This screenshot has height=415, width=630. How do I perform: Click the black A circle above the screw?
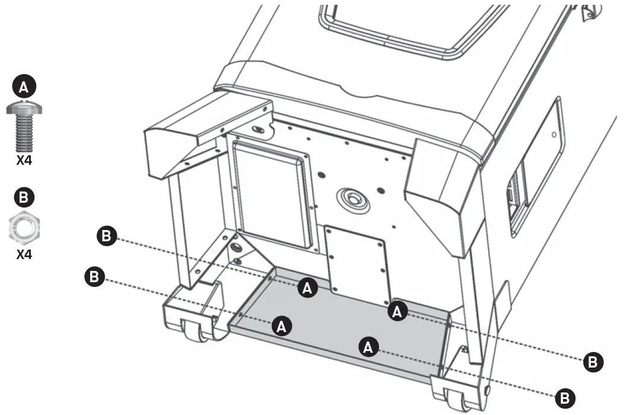[x=24, y=88]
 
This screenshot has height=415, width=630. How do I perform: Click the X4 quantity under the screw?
[x=24, y=160]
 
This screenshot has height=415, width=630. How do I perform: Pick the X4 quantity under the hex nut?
[x=24, y=256]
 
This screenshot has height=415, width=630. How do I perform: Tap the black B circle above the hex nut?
[x=24, y=197]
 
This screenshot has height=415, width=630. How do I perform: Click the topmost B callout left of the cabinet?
[x=106, y=236]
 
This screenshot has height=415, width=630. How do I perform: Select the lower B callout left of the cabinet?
[x=95, y=276]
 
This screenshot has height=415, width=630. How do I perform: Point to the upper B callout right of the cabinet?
[x=593, y=361]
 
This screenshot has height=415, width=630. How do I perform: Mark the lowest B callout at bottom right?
[x=565, y=397]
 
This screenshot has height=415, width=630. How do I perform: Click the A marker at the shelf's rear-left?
[x=307, y=288]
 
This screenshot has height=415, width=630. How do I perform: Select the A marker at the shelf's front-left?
[x=281, y=325]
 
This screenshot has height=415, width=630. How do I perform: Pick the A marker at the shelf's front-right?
[x=369, y=347]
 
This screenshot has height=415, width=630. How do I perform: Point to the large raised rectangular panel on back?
[x=272, y=195]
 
